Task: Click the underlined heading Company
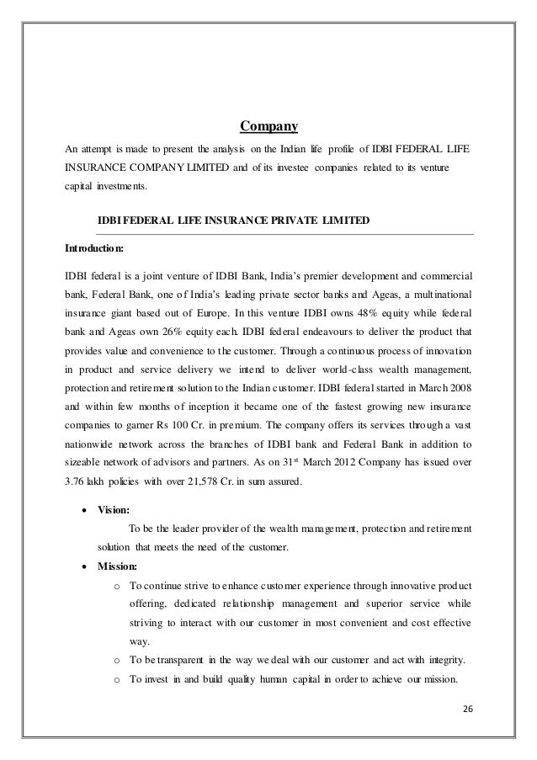coord(268,128)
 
